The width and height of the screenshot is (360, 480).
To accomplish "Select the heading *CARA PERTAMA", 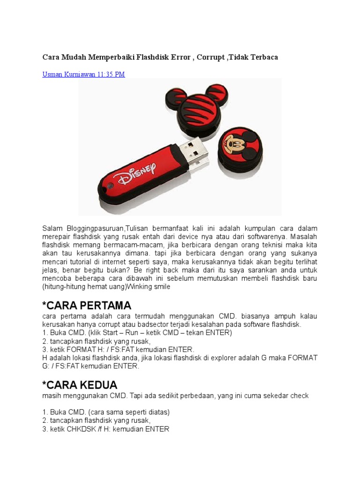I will point(87,306).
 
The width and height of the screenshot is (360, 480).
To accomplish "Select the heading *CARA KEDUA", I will point(80,385).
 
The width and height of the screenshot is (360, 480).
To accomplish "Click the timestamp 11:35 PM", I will point(111,74).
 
